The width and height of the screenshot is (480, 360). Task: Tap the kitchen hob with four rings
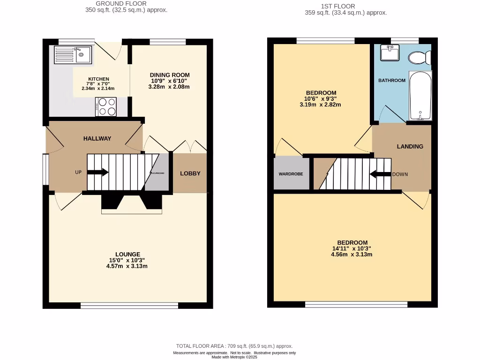click(106, 106)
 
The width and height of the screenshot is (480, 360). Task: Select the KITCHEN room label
click(98, 79)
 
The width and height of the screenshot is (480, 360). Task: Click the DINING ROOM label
click(170, 75)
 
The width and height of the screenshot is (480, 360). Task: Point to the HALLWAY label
click(97, 138)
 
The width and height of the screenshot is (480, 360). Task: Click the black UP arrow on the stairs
click(97, 172)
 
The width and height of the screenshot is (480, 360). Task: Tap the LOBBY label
click(190, 173)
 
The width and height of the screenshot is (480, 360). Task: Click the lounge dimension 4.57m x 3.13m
click(127, 266)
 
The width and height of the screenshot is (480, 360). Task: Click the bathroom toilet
click(419, 58)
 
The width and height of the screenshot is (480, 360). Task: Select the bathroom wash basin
click(390, 53)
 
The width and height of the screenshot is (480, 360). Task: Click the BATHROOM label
click(391, 81)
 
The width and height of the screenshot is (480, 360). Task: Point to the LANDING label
click(410, 146)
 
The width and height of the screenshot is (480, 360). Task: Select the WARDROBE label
click(291, 174)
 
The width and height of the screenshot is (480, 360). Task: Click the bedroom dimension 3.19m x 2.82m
click(320, 105)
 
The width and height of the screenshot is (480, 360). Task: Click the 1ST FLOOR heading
click(345, 6)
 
